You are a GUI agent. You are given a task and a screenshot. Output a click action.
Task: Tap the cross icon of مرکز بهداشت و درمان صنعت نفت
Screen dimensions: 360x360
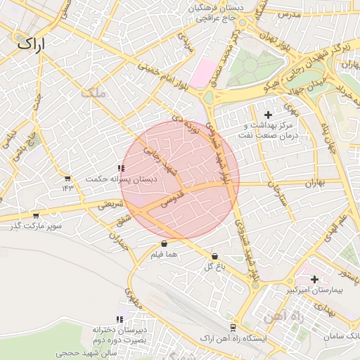tap(267, 115)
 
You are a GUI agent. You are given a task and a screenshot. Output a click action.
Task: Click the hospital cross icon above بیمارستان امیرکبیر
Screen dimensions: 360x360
tap(314, 279)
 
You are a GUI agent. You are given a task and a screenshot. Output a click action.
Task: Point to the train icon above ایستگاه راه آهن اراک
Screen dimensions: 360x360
tap(233, 328)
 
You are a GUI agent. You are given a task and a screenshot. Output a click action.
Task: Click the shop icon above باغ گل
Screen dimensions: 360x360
tap(214, 257)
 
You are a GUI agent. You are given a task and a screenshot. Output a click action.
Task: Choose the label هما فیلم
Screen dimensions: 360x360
tap(164, 254)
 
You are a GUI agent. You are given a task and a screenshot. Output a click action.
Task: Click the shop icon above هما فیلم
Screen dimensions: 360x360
tap(164, 244)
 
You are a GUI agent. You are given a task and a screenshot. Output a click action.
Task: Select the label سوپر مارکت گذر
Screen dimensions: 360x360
tap(35, 226)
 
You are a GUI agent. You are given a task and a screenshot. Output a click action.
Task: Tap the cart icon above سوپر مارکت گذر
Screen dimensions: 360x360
tap(35, 216)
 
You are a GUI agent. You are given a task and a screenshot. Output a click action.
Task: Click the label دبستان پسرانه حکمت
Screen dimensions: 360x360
tap(122, 179)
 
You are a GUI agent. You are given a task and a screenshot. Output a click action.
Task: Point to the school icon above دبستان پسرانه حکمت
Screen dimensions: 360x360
tap(122, 168)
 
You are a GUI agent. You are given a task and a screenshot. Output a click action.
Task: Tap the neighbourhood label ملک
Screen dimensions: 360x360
tap(92, 92)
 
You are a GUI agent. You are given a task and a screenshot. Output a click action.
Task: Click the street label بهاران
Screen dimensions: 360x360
tap(316, 183)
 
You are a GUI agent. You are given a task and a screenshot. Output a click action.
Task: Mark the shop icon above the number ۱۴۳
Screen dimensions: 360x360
tap(67, 179)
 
